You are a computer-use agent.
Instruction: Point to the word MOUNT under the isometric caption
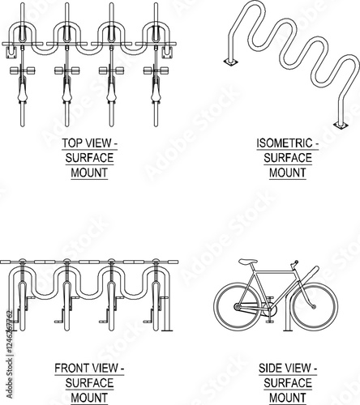288,173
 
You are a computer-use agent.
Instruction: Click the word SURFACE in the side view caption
288,383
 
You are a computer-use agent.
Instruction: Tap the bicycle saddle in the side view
248,262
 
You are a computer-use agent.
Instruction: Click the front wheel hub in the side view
315,306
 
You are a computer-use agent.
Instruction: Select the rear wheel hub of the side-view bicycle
237,307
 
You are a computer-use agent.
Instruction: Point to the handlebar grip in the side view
296,262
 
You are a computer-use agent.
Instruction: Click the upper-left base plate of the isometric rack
231,62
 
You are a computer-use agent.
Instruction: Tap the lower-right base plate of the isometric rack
341,125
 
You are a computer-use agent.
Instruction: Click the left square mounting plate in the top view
11,52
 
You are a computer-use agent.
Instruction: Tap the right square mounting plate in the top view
167,52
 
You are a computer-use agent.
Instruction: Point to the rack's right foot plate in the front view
167,330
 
